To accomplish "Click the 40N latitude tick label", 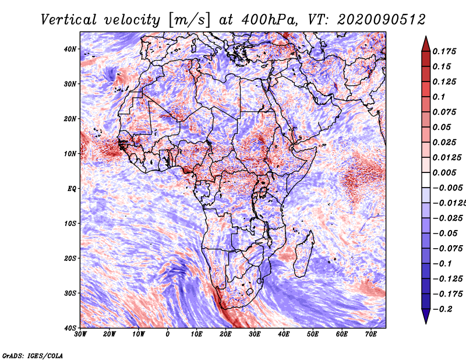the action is click(70, 49).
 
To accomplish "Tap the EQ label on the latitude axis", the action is click(72, 189).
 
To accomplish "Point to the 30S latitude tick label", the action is click(70, 294).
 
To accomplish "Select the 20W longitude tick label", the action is click(110, 334).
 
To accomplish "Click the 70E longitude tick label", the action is click(371, 334).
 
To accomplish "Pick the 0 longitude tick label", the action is click(168, 334).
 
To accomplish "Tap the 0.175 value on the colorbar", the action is click(444, 51).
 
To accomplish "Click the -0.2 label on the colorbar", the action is click(442, 309).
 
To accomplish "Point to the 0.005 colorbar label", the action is click(444, 172).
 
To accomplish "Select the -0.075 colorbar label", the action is click(447, 249).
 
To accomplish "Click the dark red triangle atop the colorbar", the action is click(426, 44).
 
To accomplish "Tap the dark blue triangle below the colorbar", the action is click(426, 316).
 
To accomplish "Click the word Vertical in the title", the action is click(69, 20).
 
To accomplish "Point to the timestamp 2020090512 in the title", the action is click(382, 20).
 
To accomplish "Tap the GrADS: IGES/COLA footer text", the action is click(33, 356).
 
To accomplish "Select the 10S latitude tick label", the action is click(70, 224).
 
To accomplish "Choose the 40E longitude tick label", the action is click(284, 334).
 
